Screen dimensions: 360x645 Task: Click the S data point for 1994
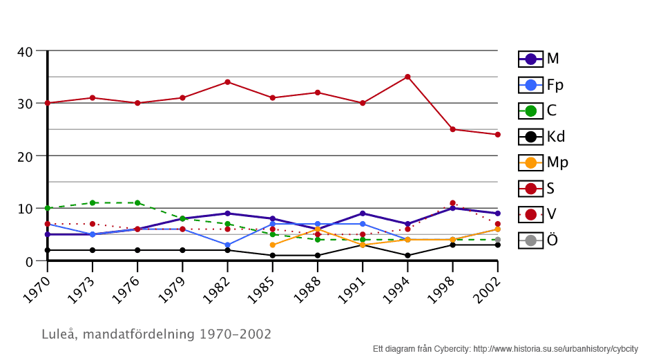407,77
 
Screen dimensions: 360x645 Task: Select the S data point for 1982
227,82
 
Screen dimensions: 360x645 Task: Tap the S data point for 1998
452,129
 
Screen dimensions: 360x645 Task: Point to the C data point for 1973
93,203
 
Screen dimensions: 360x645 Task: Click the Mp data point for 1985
273,245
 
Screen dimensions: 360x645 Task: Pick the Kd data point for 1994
407,256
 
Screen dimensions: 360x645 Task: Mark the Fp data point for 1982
227,245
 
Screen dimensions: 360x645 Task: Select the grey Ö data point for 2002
497,240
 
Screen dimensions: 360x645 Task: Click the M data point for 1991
363,214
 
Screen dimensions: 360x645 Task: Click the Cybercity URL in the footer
555,349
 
